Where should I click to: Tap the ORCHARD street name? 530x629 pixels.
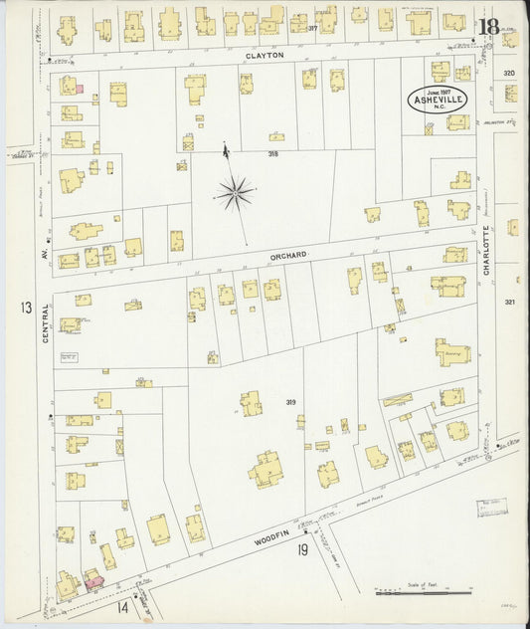pos(287,256)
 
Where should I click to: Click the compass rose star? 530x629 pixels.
pos(236,192)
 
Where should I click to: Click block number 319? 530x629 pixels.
pos(290,402)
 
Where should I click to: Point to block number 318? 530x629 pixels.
pos(272,154)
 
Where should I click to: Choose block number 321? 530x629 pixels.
pos(510,302)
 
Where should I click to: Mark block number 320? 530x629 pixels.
pos(509,74)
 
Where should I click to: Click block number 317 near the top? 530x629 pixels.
pos(312,28)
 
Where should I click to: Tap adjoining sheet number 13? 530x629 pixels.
pos(24,308)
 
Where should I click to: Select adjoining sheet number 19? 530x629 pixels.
pos(301,549)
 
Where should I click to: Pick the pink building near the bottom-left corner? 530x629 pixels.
pos(92,578)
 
